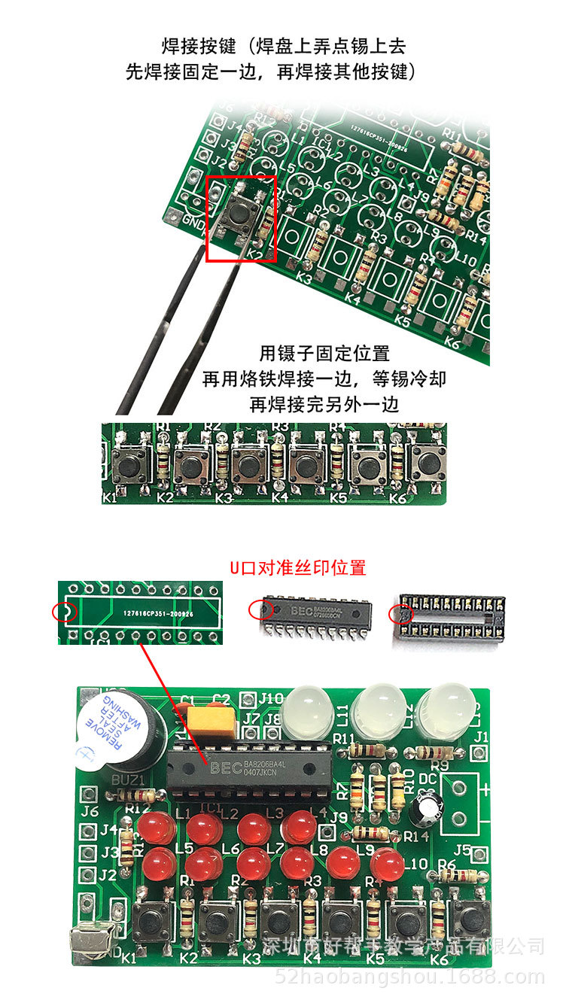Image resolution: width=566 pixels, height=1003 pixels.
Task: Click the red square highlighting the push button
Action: (x=242, y=218)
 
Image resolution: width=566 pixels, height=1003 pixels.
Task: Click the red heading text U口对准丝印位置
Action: (x=298, y=567)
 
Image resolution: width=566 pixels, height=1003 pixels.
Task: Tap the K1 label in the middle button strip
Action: (x=109, y=498)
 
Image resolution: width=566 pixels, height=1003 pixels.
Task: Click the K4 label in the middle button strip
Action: (x=280, y=497)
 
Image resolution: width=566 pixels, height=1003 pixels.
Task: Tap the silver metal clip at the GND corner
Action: (x=90, y=940)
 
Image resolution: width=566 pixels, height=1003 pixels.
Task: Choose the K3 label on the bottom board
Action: (x=251, y=959)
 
